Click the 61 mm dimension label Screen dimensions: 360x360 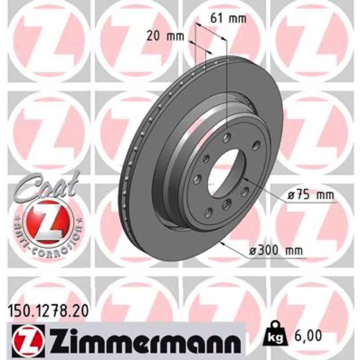click(x=228, y=18)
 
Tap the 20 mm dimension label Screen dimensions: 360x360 click(x=165, y=36)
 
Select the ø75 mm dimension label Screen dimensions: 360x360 click(x=311, y=195)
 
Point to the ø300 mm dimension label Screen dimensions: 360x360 click(x=276, y=251)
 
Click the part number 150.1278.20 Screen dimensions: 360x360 click(x=48, y=311)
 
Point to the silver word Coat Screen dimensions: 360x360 click(x=47, y=186)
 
